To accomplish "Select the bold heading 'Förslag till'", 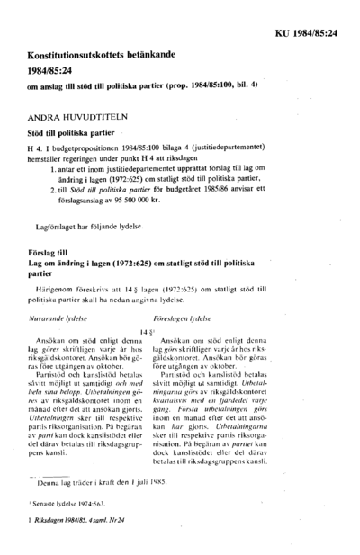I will (x=54, y=255).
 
